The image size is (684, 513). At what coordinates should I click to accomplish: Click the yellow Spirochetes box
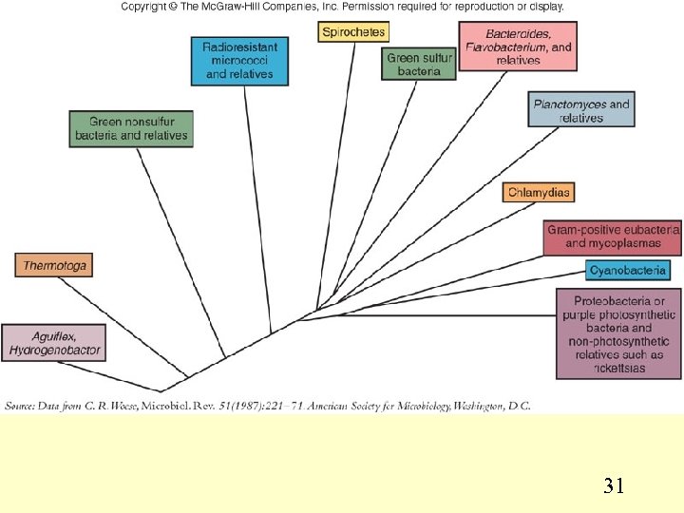353,32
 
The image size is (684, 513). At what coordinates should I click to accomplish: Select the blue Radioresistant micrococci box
239,61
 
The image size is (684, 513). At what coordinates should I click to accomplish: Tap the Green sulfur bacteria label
420,65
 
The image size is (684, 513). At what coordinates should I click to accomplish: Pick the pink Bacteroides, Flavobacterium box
518,47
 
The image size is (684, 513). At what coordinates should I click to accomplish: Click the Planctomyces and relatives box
580,110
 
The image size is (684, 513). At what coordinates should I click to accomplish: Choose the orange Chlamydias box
539,193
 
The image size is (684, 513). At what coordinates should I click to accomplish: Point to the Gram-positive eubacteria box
613,237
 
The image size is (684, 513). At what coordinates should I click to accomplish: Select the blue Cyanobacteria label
627,271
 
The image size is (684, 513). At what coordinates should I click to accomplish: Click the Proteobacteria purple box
618,334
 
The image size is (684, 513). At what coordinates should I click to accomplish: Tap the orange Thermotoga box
54,266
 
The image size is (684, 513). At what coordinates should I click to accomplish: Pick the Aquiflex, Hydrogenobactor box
53,343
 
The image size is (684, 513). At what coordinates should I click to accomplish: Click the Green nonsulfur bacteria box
131,129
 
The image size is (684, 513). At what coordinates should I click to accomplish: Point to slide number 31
614,487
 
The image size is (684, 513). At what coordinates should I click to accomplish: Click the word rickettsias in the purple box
618,369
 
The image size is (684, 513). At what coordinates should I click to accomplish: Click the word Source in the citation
22,407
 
